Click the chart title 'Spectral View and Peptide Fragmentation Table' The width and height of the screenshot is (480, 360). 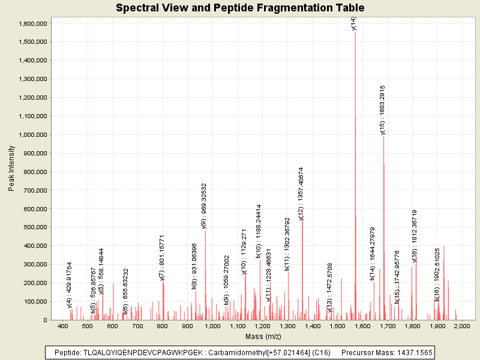pyautogui.click(x=240, y=8)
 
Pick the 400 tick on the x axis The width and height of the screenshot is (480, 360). pyautogui.click(x=62, y=326)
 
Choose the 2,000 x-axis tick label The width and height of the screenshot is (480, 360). pyautogui.click(x=462, y=326)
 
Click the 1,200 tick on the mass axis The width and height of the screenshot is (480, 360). pyautogui.click(x=262, y=326)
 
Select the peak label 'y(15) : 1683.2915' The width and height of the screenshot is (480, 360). pyautogui.click(x=383, y=109)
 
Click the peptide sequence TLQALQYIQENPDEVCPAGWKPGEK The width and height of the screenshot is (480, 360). pyautogui.click(x=132, y=352)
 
